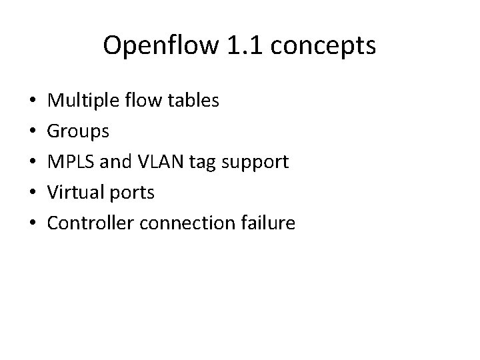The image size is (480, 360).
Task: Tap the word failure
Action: pos(265,223)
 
